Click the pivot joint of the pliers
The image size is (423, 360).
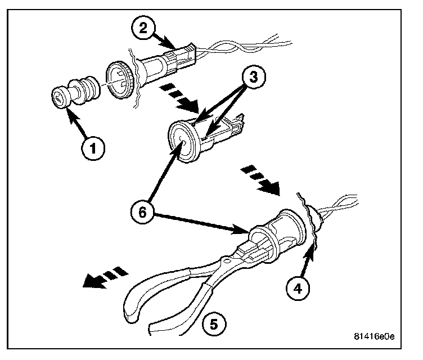227,262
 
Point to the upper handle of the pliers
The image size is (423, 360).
169,287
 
